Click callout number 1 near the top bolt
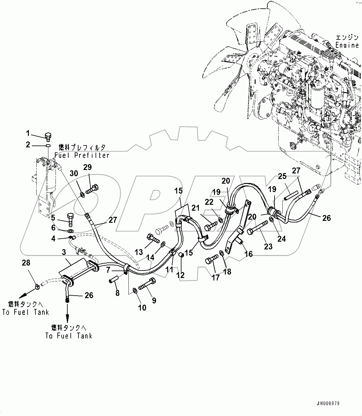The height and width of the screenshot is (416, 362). pyautogui.click(x=28, y=134)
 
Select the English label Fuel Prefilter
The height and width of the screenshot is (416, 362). pyautogui.click(x=82, y=155)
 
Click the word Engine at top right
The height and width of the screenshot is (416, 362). pyautogui.click(x=347, y=45)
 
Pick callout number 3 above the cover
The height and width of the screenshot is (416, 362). pyautogui.click(x=64, y=252)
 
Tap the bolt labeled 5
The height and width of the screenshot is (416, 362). pyautogui.click(x=70, y=219)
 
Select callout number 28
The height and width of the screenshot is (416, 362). pyautogui.click(x=26, y=263)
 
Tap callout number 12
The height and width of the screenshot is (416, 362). pyautogui.click(x=181, y=275)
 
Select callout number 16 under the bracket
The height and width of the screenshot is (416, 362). pyautogui.click(x=249, y=254)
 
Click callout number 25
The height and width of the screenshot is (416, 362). pyautogui.click(x=282, y=177)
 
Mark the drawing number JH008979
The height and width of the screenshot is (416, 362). pyautogui.click(x=328, y=404)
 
